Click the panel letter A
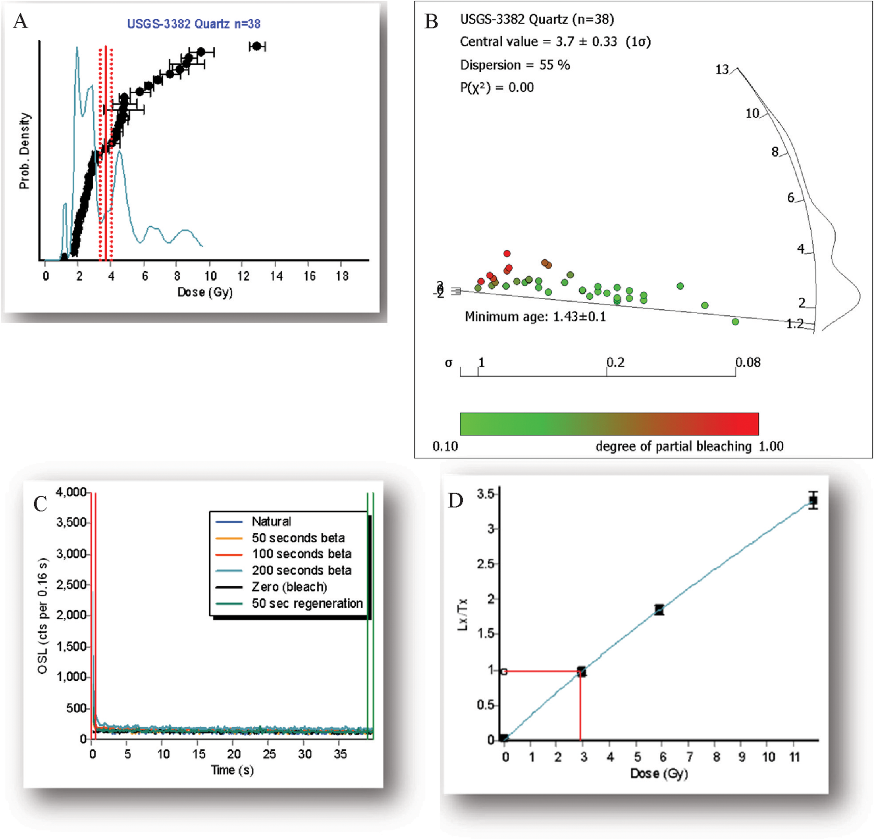(x=21, y=21)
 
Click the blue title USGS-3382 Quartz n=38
(x=194, y=24)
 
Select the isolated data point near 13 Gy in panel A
(x=257, y=46)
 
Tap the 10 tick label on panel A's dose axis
(x=210, y=276)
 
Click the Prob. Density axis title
(x=24, y=151)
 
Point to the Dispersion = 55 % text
(x=515, y=65)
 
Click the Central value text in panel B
(x=555, y=42)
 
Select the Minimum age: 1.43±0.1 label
(x=535, y=317)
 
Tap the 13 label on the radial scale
(x=722, y=70)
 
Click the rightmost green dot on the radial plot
(x=735, y=322)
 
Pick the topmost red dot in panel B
(x=507, y=253)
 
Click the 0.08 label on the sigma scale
(x=748, y=362)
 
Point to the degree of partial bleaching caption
(x=673, y=446)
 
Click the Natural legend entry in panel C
(x=271, y=521)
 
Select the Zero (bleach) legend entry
(x=289, y=587)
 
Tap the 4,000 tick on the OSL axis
(x=70, y=492)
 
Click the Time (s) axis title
(x=232, y=770)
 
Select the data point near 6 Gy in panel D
(x=659, y=610)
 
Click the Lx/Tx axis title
(x=463, y=614)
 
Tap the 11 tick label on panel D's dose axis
(x=794, y=757)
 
